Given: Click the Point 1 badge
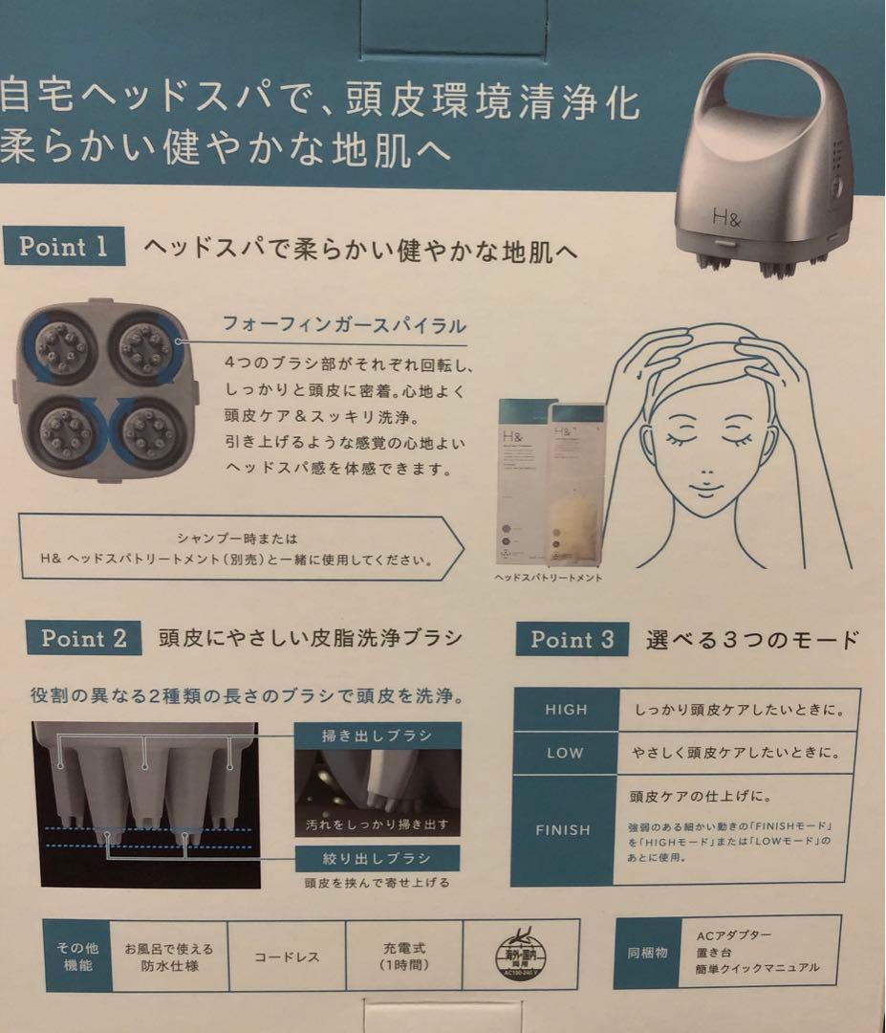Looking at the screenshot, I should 64,247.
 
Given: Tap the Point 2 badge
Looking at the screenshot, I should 84,639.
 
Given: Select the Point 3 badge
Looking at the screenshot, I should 573,640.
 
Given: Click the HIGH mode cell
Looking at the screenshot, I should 566,711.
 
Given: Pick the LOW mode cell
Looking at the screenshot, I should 565,753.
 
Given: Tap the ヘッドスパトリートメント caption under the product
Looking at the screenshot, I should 549,579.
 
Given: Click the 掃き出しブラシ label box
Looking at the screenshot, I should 376,736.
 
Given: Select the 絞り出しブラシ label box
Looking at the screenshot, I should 376,857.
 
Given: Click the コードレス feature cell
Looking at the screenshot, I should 287,956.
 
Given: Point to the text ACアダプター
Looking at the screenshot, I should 734,934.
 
